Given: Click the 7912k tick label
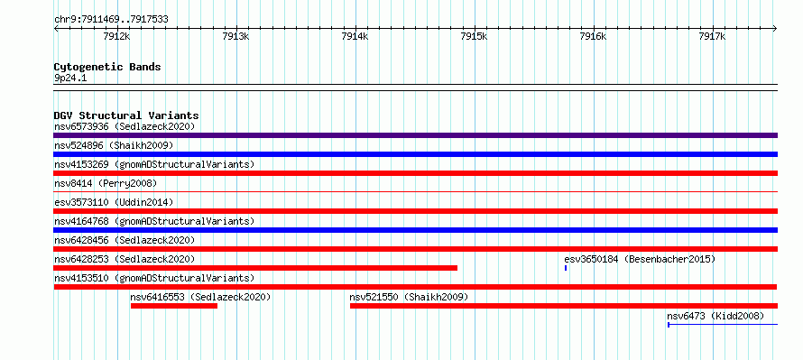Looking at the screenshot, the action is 116,36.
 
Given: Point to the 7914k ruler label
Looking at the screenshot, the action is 355,36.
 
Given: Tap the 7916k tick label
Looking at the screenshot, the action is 593,36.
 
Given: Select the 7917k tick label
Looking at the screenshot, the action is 712,36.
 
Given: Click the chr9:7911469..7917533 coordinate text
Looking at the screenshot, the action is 111,20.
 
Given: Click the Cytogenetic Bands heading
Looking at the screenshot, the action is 107,67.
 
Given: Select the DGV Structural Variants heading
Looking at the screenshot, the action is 126,115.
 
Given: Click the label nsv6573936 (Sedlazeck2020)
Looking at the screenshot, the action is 125,126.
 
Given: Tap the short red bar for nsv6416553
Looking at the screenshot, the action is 174,306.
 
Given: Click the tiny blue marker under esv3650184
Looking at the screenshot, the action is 566,268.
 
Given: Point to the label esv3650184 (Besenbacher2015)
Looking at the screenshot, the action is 640,259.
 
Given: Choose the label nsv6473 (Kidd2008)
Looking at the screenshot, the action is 715,316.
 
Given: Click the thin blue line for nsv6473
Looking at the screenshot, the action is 723,325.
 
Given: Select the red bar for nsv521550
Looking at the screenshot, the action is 564,306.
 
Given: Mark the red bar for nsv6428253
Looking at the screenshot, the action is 255,268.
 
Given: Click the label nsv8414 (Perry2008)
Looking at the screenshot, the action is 106,183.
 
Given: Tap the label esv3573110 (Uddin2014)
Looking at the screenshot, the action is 114,202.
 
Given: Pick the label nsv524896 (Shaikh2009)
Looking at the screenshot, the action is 114,145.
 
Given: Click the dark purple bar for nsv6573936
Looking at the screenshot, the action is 416,135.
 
